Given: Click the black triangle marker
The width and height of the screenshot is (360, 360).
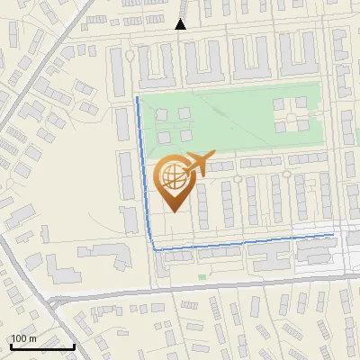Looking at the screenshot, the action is [x=180, y=25].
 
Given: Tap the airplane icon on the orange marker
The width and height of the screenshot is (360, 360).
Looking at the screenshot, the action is [x=197, y=164].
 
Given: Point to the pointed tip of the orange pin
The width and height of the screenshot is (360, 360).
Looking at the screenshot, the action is [x=173, y=211].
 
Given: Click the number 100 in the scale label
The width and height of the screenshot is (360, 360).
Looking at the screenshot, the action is [x=19, y=338].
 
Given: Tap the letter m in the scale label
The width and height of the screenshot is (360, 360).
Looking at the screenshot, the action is [x=32, y=338].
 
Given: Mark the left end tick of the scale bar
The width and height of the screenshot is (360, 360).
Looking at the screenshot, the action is [x=12, y=345].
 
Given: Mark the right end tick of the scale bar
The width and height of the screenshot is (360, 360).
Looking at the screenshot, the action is [x=74, y=345].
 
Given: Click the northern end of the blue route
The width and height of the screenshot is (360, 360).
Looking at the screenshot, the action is [x=136, y=96].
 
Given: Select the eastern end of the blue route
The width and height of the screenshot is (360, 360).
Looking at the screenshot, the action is [x=333, y=234].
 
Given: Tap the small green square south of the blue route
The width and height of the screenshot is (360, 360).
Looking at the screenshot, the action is [x=202, y=276].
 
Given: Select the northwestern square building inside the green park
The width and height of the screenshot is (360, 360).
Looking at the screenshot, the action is [x=163, y=114].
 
